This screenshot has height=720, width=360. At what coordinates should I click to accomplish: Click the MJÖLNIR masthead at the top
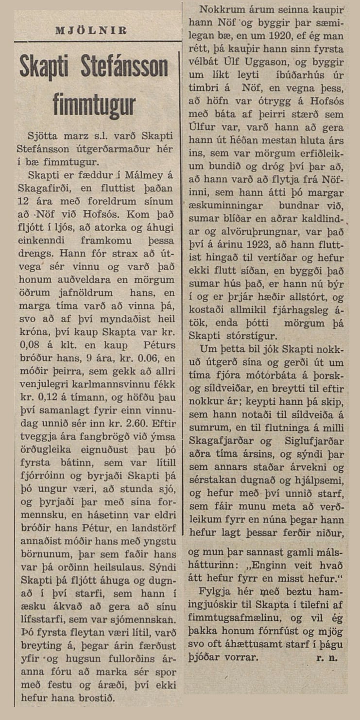[91, 30]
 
